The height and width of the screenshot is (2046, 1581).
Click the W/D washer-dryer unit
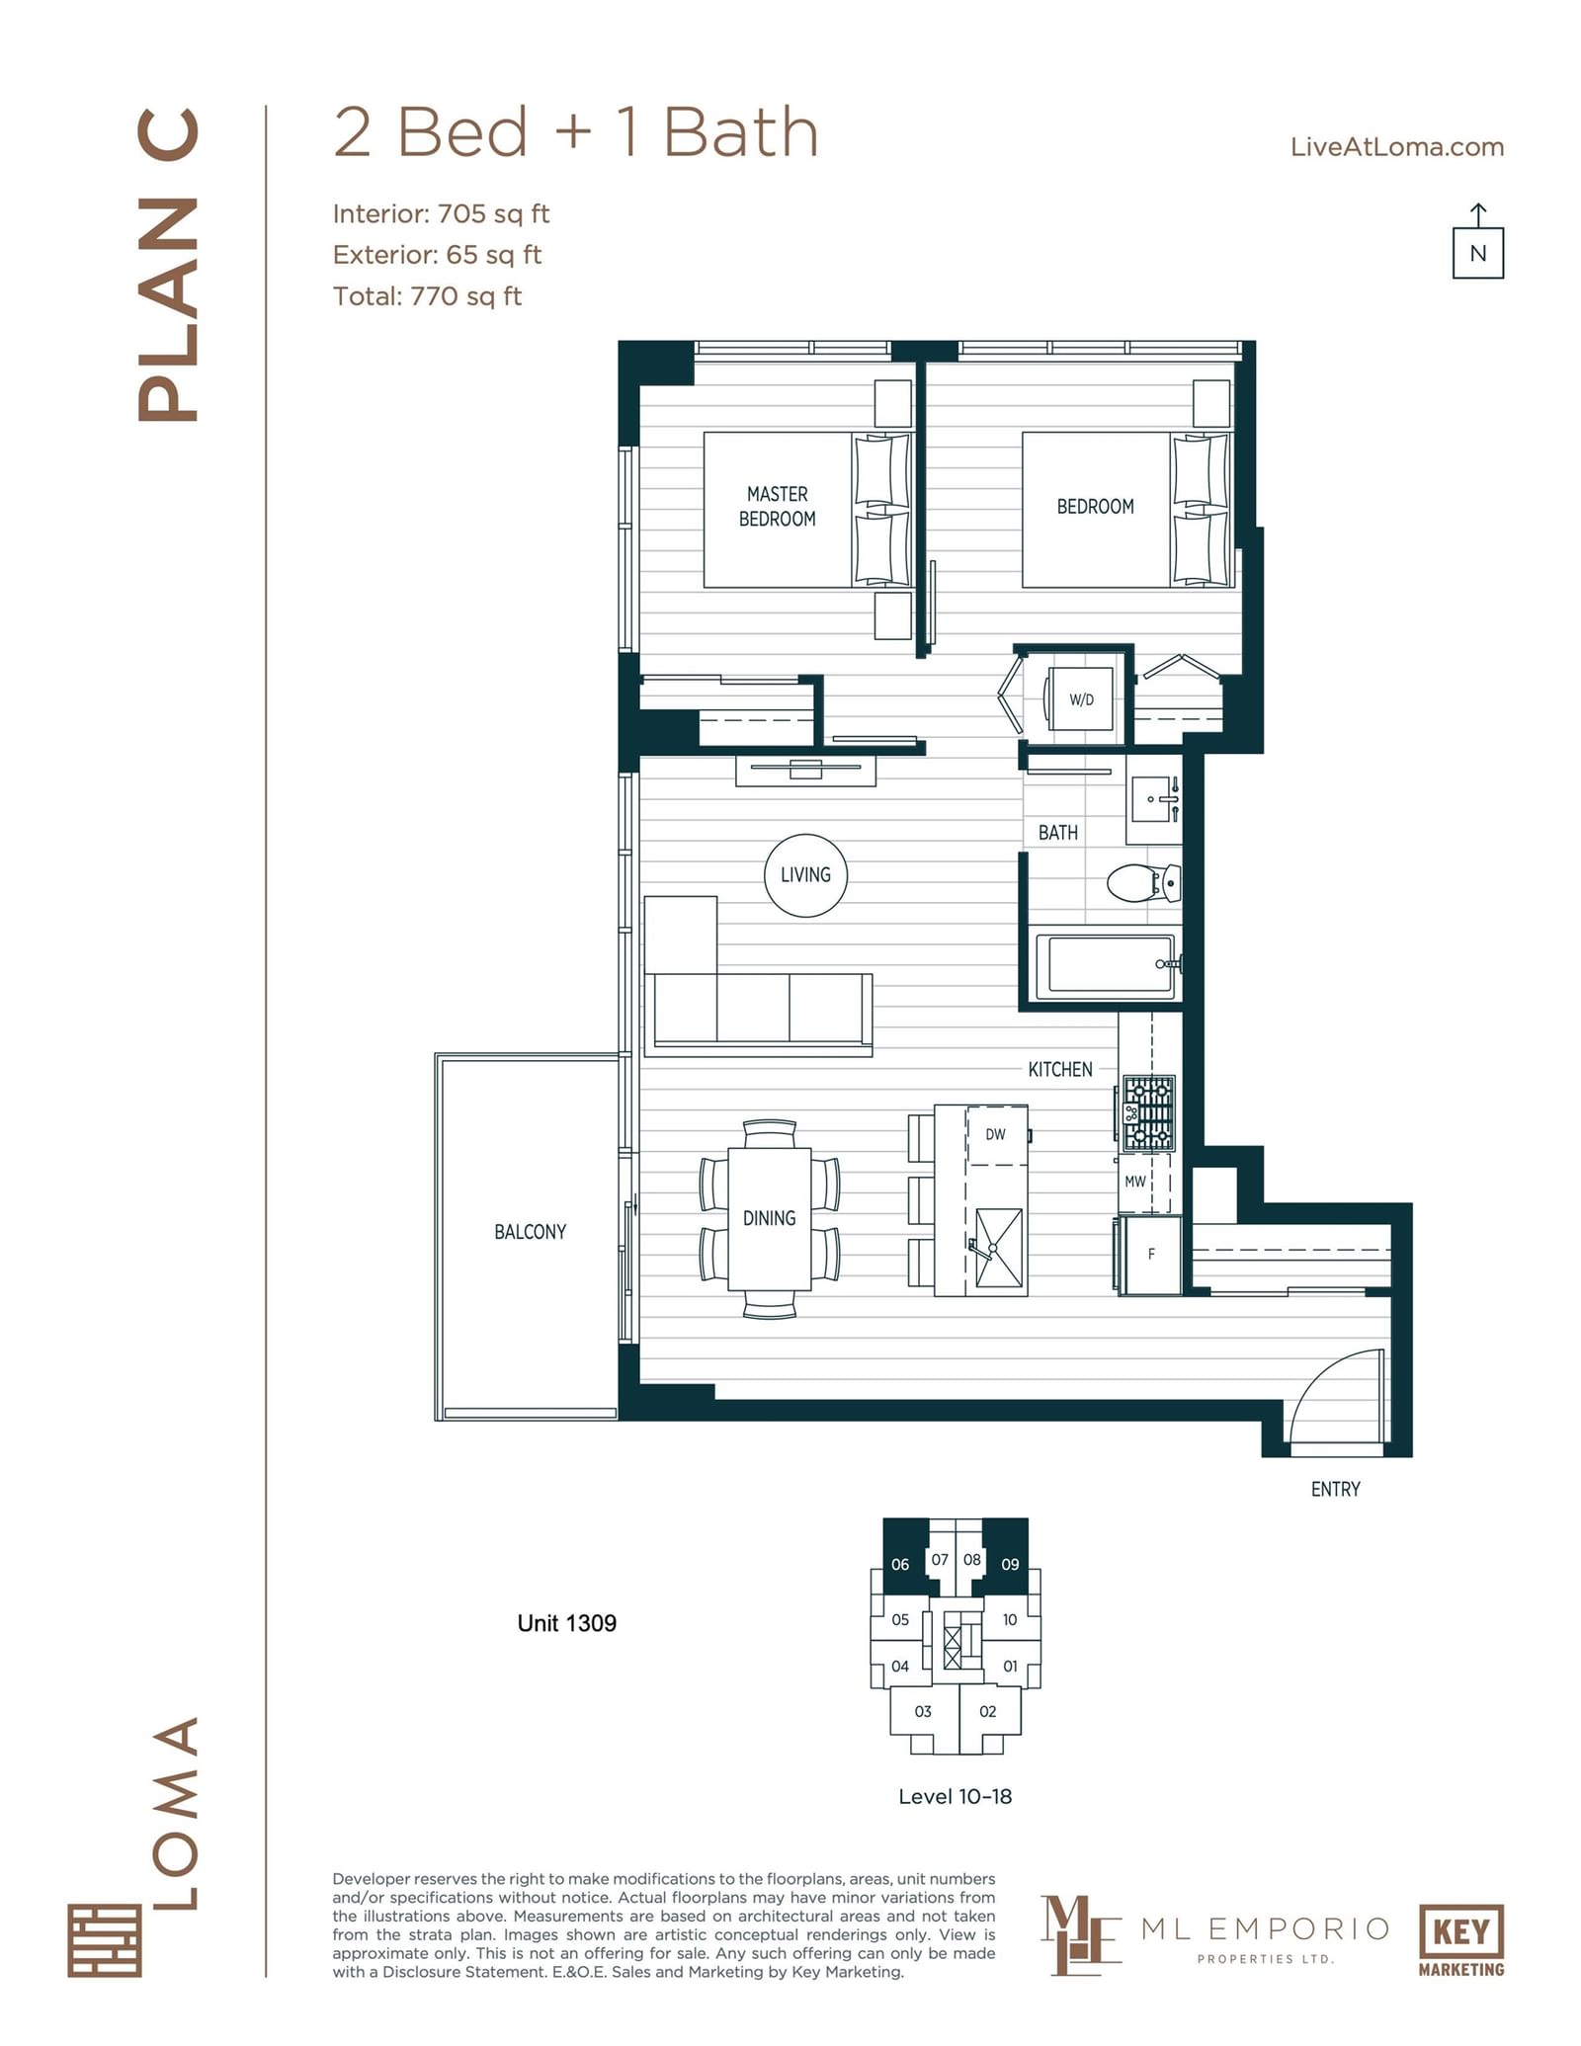coord(1080,698)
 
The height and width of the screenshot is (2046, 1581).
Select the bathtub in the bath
coord(1107,964)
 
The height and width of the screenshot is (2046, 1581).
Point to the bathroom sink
coord(1154,799)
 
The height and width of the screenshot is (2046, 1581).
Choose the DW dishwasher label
coord(995,1134)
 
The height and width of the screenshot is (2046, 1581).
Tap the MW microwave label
coord(1135,1181)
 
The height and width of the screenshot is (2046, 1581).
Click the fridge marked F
coord(1150,1255)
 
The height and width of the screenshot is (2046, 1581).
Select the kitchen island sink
coord(998,1248)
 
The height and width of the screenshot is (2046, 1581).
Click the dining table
coord(770,1218)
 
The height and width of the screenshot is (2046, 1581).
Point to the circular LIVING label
coord(805,875)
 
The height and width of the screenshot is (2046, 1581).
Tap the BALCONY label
coord(531,1232)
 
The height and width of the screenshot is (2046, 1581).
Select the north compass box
coord(1477,253)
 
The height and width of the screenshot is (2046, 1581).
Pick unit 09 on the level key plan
coord(1009,1563)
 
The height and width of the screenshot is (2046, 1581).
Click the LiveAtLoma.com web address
coord(1397,147)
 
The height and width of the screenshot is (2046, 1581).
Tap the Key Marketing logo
coord(1461,1940)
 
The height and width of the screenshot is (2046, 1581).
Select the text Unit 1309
coord(567,1623)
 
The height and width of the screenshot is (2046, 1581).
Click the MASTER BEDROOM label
coord(778,506)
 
